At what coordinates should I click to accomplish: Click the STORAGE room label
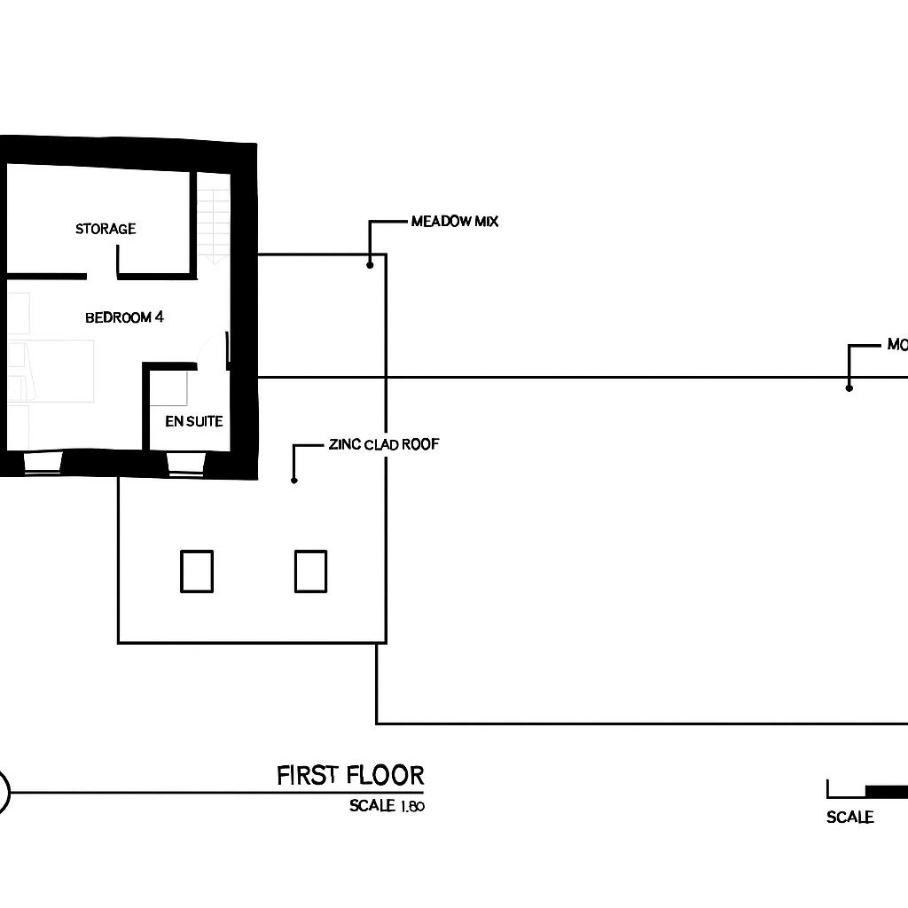(x=106, y=229)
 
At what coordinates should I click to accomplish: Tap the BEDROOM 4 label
(x=124, y=317)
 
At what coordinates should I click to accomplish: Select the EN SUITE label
(x=193, y=421)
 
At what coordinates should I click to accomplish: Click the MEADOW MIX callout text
(x=455, y=222)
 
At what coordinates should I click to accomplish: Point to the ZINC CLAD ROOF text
(x=383, y=444)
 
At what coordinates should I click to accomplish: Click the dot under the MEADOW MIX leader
(x=370, y=264)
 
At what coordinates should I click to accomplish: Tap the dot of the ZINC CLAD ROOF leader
(x=294, y=480)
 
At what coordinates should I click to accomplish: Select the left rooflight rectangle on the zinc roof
(x=197, y=571)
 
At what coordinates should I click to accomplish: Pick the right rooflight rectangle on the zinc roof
(x=310, y=571)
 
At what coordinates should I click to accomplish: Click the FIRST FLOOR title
(x=350, y=776)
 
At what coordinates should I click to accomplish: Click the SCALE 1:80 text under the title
(x=387, y=807)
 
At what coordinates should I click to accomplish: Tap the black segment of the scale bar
(x=886, y=790)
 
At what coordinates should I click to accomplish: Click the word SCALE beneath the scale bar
(x=849, y=818)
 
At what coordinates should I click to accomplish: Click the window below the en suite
(x=186, y=464)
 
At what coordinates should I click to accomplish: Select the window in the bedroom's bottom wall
(x=43, y=464)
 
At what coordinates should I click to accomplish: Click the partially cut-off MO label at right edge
(x=896, y=345)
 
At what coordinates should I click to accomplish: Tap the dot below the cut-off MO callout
(x=849, y=387)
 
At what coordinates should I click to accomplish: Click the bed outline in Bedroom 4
(x=53, y=371)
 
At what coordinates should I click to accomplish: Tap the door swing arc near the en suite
(x=207, y=350)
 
